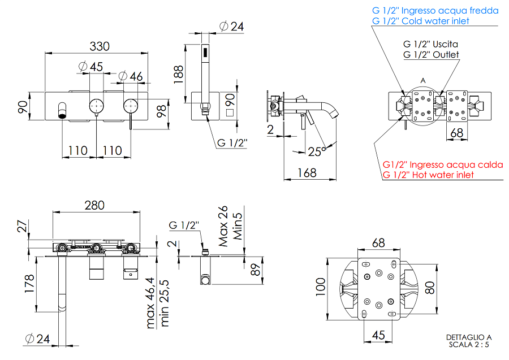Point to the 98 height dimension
tap(162, 110)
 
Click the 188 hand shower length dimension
tap(179, 73)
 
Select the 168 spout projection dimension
tap(307, 173)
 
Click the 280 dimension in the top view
tap(94, 205)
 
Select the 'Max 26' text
tap(224, 226)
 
